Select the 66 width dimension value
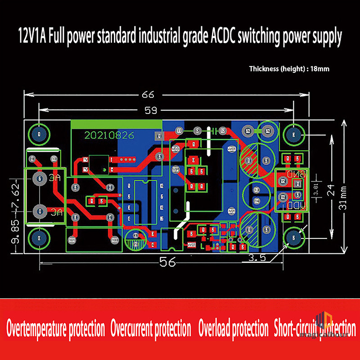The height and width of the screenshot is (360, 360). (148, 94)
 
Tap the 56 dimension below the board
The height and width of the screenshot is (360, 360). (167, 262)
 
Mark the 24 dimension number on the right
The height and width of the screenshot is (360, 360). (332, 191)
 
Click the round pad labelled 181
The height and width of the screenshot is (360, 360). (72, 240)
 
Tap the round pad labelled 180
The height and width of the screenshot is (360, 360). (115, 240)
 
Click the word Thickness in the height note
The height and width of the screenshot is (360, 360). (264, 69)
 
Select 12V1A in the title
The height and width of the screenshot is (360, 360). (34, 36)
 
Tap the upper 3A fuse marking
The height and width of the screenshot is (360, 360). (55, 179)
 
